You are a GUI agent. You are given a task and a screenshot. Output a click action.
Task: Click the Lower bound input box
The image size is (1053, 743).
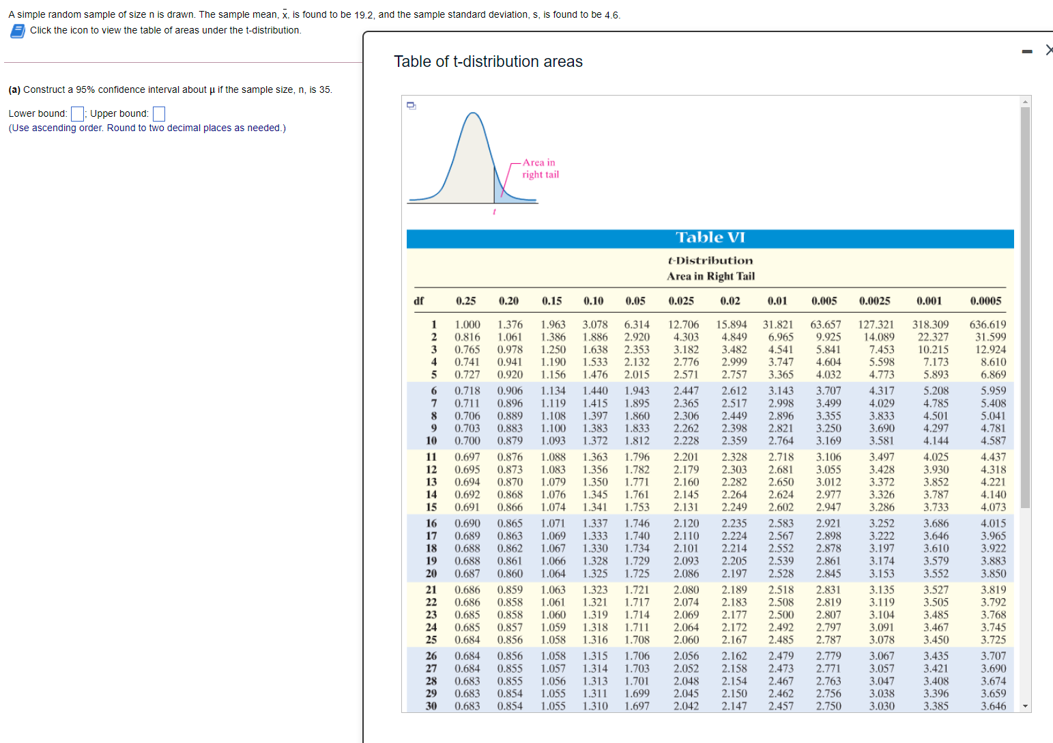78,113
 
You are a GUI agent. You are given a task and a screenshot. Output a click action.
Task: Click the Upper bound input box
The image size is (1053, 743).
159,113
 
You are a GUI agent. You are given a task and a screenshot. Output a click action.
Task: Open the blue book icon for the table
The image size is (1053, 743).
18,31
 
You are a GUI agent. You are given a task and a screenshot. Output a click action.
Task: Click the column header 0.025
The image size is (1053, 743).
681,300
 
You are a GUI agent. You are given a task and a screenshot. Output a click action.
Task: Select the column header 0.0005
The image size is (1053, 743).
985,300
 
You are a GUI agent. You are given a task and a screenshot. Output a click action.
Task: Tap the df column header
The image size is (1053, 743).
419,300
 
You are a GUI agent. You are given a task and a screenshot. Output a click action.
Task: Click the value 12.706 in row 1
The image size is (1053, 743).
683,324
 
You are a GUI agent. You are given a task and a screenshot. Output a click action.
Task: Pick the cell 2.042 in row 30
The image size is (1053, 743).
686,706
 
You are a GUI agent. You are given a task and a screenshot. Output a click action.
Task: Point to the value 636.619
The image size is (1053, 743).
987,324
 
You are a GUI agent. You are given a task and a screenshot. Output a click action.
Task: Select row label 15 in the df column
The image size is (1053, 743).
431,507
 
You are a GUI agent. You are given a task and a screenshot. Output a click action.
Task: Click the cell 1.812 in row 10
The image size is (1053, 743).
637,440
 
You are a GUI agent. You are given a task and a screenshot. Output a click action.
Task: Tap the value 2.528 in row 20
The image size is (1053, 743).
781,574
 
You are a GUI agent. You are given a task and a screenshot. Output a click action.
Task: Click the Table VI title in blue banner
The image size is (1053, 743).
710,238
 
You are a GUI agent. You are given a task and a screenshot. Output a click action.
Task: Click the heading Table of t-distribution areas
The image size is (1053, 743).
488,61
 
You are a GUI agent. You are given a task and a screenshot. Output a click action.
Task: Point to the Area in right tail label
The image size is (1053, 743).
540,169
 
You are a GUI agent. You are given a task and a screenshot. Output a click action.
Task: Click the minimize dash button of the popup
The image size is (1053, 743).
1026,51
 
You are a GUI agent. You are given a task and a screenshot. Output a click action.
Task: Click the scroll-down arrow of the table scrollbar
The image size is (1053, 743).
1025,706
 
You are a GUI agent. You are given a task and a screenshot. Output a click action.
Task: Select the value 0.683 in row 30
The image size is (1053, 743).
467,706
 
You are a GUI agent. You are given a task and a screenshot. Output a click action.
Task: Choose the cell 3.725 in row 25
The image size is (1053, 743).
993,640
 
